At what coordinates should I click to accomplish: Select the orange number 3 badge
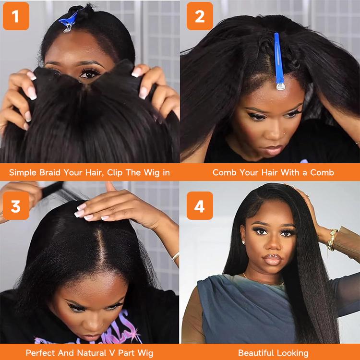pos(16,206)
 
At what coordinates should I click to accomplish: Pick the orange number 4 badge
pos(200,206)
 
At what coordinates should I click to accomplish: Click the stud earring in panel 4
pos(244,242)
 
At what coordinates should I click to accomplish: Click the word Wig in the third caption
pos(144,353)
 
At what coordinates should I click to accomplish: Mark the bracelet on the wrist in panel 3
pos(176,256)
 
